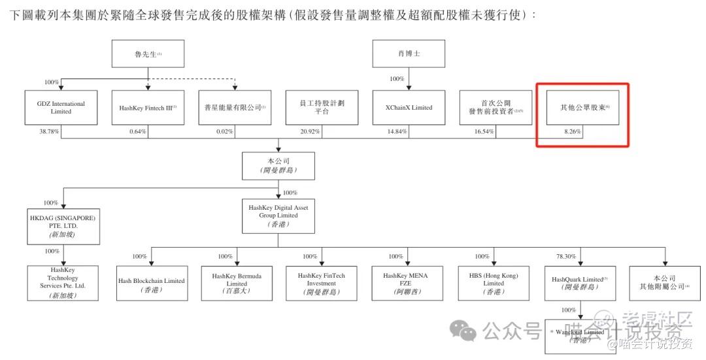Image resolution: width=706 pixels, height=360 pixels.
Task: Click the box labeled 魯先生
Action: pos(148,54)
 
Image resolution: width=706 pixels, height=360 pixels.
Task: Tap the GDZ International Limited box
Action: pos(61,107)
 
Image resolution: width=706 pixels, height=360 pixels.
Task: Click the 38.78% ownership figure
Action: pos(48,131)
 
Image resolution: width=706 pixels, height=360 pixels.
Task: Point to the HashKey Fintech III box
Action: pos(148,107)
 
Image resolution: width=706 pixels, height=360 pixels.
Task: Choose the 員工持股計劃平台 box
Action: pos(322,107)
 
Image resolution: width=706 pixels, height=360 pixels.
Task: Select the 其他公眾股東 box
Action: pos(582,107)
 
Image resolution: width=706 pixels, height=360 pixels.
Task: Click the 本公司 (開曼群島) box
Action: pos(279,165)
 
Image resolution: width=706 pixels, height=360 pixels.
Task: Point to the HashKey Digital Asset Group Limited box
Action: pos(278,216)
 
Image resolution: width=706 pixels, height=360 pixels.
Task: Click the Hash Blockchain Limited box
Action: pos(152,284)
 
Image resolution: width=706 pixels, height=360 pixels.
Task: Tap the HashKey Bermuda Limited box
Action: pos(237,284)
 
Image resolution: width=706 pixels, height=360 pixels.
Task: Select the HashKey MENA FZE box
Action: pos(409,284)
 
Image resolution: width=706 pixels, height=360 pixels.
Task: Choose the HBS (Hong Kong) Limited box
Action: pos(494,284)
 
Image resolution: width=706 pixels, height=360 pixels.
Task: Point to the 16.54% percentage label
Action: pos(484,131)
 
